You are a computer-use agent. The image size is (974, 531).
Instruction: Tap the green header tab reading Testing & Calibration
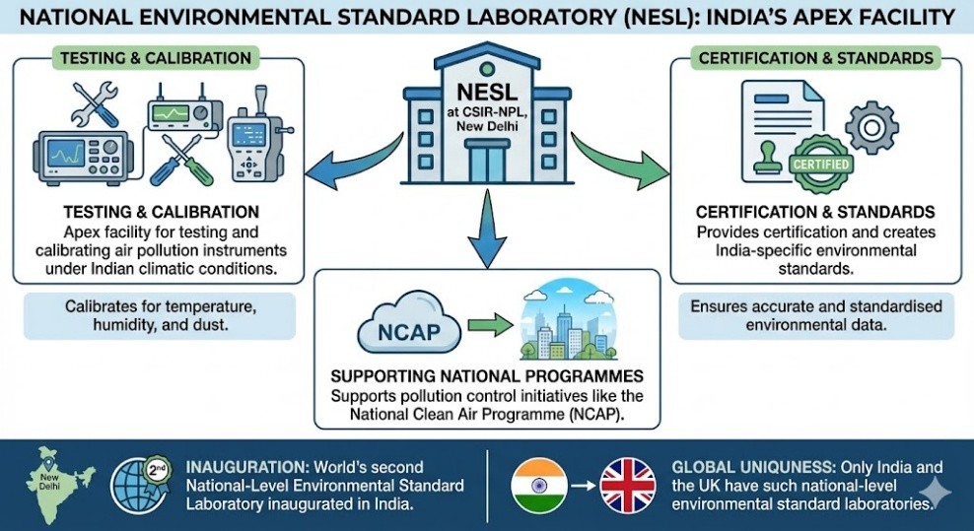[155, 58]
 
